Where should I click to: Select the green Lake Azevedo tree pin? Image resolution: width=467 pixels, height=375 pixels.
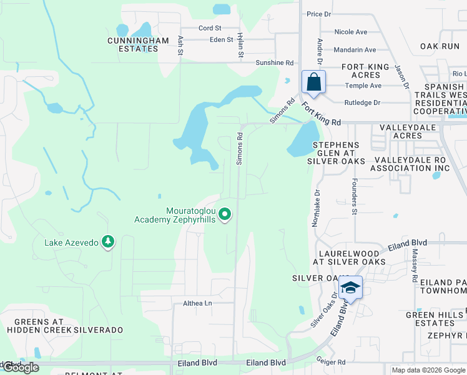click(x=108, y=241)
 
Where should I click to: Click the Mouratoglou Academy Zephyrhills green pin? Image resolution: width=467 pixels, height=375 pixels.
click(x=225, y=215)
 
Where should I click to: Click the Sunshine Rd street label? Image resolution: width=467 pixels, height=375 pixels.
click(x=274, y=63)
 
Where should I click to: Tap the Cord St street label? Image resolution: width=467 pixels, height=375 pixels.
click(x=210, y=28)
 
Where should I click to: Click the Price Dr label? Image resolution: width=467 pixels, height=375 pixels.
click(x=318, y=13)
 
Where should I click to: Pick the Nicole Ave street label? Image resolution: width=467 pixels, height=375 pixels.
click(x=351, y=32)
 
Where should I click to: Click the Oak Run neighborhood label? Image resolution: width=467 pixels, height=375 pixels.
click(x=440, y=46)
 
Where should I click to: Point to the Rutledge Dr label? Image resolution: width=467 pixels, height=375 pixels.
click(x=362, y=102)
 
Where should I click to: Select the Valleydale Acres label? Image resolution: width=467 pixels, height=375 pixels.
click(x=405, y=132)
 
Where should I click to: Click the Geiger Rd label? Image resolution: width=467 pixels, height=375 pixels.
click(x=331, y=362)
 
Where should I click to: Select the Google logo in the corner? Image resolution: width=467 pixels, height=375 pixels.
click(x=20, y=367)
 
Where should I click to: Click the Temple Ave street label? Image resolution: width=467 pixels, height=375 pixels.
click(x=363, y=86)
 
